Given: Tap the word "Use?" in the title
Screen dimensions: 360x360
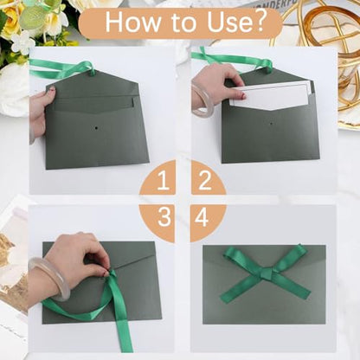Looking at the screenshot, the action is pyautogui.click(x=236, y=22).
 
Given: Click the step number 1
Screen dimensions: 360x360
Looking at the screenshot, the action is pyautogui.click(x=163, y=180).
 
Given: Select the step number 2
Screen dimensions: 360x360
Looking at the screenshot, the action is pyautogui.click(x=205, y=180).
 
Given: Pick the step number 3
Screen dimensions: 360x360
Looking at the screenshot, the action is pyautogui.click(x=164, y=217).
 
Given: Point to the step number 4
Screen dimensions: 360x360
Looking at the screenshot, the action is pyautogui.click(x=202, y=217).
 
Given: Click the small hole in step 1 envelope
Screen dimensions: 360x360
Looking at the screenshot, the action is pyautogui.click(x=95, y=127).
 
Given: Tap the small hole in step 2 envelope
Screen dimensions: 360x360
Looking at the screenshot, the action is pyautogui.click(x=271, y=124).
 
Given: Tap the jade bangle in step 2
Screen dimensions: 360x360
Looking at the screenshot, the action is pyautogui.click(x=201, y=100).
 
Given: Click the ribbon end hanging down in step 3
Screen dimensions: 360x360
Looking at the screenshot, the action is pyautogui.click(x=124, y=323).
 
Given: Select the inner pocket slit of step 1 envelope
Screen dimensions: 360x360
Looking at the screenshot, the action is pyautogui.click(x=93, y=99).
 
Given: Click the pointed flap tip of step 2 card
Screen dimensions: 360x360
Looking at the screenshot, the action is pyautogui.click(x=271, y=110).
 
